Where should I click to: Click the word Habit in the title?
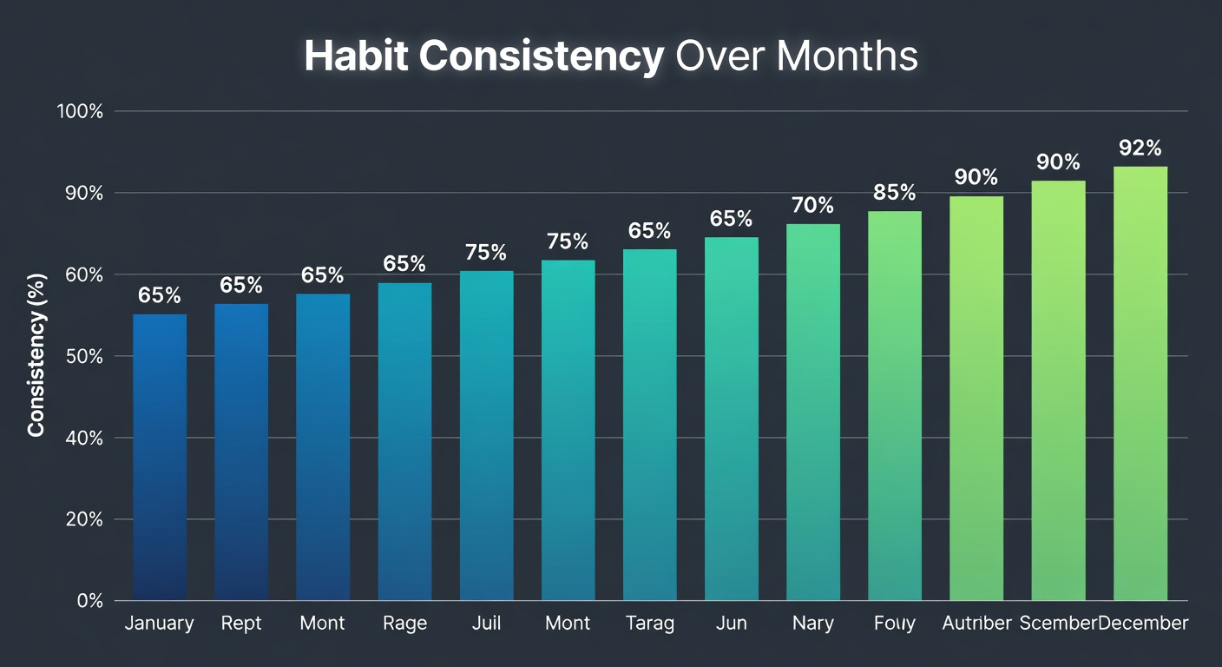(x=356, y=56)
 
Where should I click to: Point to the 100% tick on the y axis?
(x=80, y=112)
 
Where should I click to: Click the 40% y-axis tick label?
(x=83, y=438)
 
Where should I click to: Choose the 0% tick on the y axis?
(x=89, y=600)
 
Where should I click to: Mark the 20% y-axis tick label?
(x=83, y=519)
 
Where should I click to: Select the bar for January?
(x=160, y=457)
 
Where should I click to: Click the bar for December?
(x=1140, y=383)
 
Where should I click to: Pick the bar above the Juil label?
(x=486, y=435)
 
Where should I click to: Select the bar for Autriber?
(x=976, y=398)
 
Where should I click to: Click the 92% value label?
(x=1140, y=148)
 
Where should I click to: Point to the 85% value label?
(x=895, y=192)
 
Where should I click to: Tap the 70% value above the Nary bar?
(x=813, y=206)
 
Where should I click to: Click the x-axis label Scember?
(x=1058, y=624)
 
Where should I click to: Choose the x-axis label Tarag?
(x=649, y=624)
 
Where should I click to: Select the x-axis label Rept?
(x=241, y=624)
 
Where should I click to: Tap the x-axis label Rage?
(x=404, y=624)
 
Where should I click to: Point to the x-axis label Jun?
(x=731, y=624)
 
